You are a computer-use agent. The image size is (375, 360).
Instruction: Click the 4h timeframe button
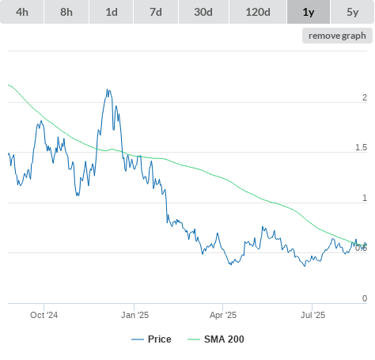click(x=22, y=12)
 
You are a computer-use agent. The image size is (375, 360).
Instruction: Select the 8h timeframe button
click(x=66, y=12)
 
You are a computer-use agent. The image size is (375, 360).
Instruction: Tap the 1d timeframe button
click(x=112, y=12)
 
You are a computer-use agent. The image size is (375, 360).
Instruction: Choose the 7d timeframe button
click(x=156, y=12)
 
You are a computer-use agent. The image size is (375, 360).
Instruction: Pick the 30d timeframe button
click(x=203, y=12)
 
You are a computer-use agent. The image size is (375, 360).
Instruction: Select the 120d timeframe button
click(x=258, y=12)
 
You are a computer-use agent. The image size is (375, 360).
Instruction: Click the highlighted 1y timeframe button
click(x=309, y=12)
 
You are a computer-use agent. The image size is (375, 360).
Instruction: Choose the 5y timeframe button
click(x=353, y=12)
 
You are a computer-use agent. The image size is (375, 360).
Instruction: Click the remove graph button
click(x=337, y=36)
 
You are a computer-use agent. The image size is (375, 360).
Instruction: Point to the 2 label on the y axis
click(x=365, y=97)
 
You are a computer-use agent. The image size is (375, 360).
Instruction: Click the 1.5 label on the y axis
click(x=361, y=147)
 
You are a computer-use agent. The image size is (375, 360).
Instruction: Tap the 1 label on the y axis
click(x=365, y=198)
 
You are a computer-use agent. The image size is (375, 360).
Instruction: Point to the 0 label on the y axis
click(x=365, y=298)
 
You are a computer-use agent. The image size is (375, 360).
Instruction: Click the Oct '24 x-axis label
click(x=44, y=315)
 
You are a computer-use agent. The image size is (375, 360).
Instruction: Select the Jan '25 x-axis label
click(x=134, y=315)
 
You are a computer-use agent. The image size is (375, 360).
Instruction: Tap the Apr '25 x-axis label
click(x=223, y=315)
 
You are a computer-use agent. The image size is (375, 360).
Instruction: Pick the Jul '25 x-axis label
click(x=312, y=315)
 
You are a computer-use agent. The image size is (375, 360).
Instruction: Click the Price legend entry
click(x=151, y=339)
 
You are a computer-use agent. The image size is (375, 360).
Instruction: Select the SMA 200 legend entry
click(x=216, y=339)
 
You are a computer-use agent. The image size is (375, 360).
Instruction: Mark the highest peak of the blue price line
click(x=108, y=89)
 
